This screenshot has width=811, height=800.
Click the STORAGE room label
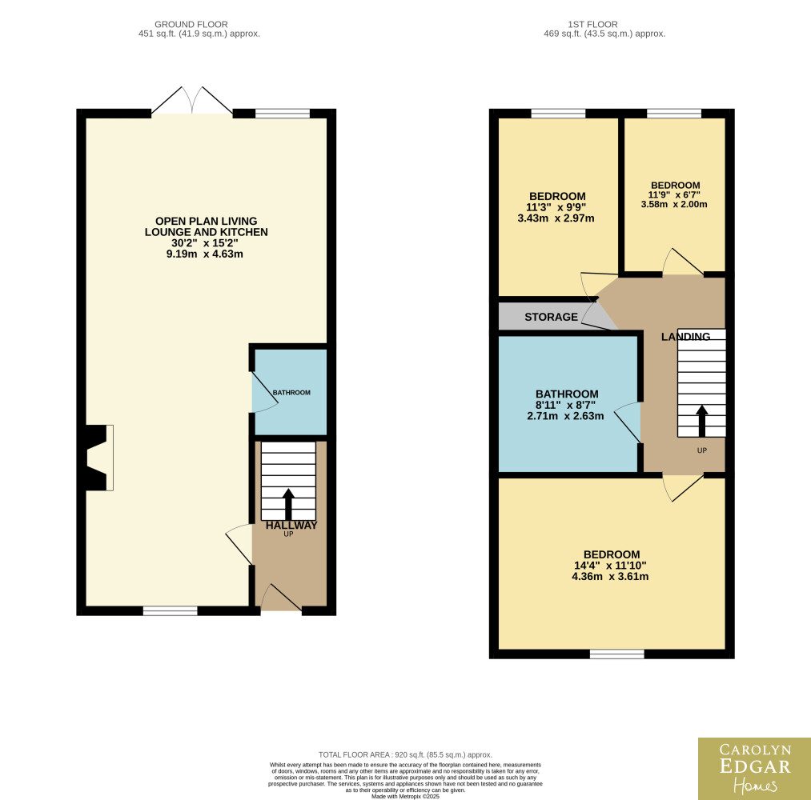pos(551,317)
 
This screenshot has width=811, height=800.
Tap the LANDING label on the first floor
pos(686,337)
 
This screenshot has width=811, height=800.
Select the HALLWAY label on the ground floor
pos(291,525)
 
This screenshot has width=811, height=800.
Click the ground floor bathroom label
pos(291,393)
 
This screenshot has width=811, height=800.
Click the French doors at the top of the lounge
pos(192,100)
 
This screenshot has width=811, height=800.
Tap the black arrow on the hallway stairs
pos(288,504)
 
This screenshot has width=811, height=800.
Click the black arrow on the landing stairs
pos(702,421)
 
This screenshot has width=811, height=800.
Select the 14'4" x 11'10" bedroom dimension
pos(610,566)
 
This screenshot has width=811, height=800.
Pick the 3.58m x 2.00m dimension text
pos(674,204)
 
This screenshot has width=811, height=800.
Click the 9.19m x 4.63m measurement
pos(205,254)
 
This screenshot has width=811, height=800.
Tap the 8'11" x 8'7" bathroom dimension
pos(565,405)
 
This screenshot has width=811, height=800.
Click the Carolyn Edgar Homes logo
pos(755,769)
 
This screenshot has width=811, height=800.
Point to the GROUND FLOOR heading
pos(191,24)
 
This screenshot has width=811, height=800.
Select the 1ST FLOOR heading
pos(592,24)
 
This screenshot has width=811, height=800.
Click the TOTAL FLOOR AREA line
pos(405,755)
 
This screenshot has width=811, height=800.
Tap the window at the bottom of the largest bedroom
pos(617,654)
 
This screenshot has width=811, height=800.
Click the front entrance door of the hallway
pos(281,598)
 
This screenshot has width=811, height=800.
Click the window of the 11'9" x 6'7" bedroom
pos(674,113)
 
